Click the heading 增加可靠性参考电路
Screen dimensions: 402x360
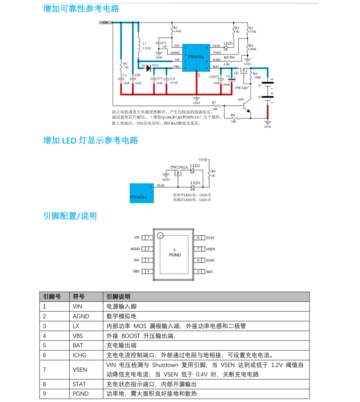pos(81,9)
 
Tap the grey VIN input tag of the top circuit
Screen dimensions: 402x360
pos(105,23)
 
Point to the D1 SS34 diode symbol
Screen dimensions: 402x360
pos(149,68)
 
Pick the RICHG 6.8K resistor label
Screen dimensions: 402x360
pos(229,60)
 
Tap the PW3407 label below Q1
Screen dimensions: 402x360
pos(242,88)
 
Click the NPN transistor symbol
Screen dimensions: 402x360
pos(247,107)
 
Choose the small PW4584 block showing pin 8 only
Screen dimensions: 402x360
pos(142,193)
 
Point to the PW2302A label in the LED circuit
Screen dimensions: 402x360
pos(179,167)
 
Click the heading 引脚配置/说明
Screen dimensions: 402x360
pos(70,216)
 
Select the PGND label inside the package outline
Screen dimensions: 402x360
pos(175,255)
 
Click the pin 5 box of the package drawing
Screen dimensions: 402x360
pos(199,272)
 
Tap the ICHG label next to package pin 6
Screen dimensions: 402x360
pos(210,260)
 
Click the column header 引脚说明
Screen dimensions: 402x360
pos(118,297)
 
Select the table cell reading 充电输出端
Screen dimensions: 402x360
pos(121,345)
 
